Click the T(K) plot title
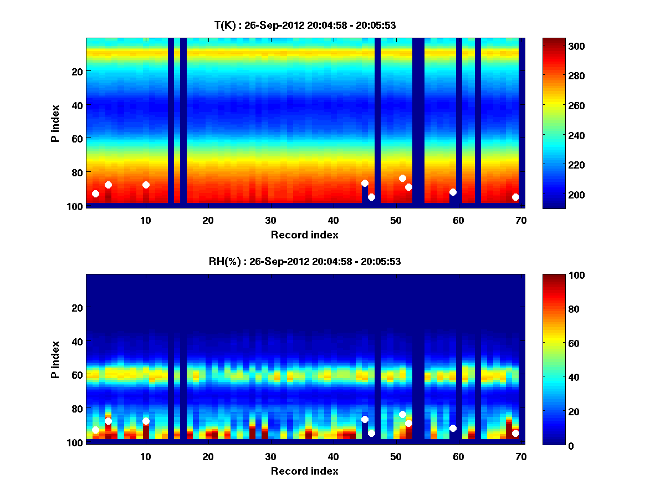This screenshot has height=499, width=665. tap(305, 25)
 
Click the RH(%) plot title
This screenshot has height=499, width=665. tap(305, 261)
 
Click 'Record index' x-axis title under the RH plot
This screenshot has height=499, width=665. tap(305, 471)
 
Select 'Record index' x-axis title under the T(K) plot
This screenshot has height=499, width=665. tap(305, 235)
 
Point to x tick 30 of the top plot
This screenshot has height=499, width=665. tap(270, 220)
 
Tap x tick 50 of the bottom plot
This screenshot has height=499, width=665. tap(396, 456)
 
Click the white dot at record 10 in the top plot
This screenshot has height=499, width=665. tap(146, 185)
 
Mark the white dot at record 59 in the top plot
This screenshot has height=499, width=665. tap(453, 192)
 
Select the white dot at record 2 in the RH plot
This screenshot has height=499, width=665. tap(95, 430)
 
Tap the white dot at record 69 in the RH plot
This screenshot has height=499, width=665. tap(515, 433)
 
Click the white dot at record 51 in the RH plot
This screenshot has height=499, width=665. tap(402, 414)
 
